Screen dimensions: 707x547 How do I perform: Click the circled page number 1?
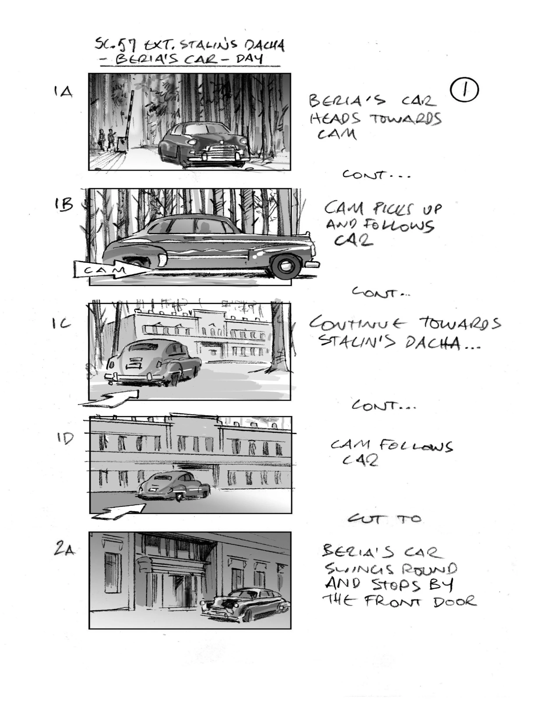(464, 90)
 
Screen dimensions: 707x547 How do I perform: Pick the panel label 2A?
(65, 550)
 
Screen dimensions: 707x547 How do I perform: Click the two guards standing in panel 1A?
(107, 139)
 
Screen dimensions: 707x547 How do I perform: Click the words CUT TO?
(385, 519)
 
